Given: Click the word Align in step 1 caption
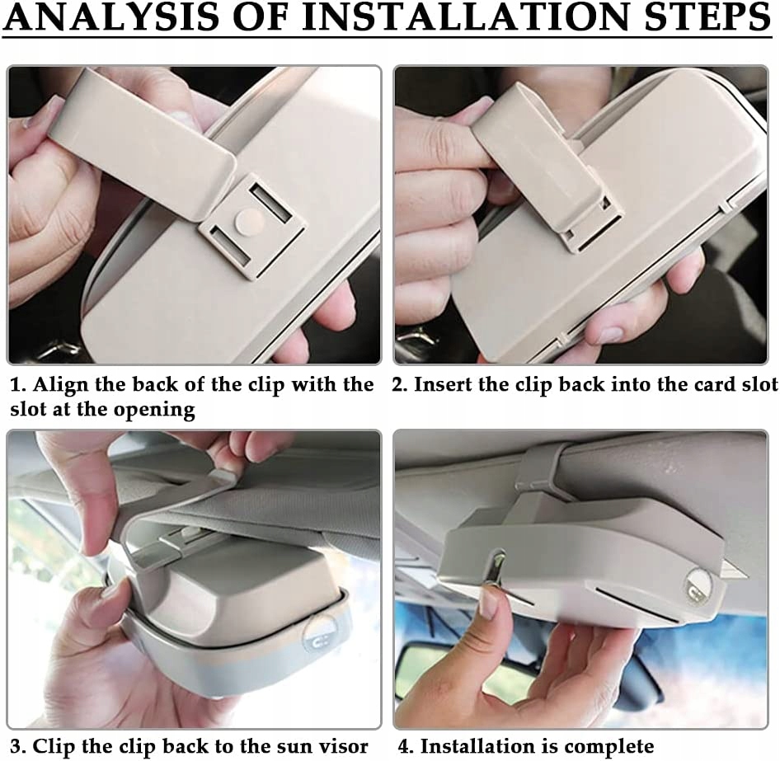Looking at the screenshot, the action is pyautogui.click(x=56, y=385).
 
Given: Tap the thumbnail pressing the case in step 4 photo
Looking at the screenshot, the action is pyautogui.click(x=490, y=603).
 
